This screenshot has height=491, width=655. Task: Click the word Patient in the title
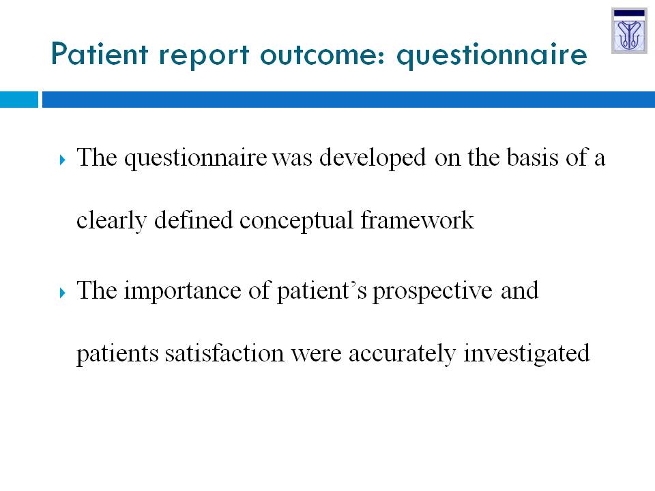(x=100, y=54)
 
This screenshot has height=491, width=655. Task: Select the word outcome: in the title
(x=323, y=55)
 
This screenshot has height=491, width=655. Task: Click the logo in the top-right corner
(x=629, y=31)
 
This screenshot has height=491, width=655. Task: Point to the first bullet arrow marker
(x=63, y=160)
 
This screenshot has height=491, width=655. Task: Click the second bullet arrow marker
(x=63, y=293)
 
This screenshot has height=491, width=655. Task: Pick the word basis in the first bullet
(x=533, y=158)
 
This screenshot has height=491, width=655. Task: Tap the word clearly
(x=111, y=221)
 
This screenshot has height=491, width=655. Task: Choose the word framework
(x=417, y=220)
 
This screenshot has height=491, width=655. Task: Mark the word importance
(x=183, y=291)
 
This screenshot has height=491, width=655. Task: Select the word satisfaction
(x=224, y=353)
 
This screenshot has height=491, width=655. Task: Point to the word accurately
(x=402, y=354)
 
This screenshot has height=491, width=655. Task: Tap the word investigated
(x=526, y=354)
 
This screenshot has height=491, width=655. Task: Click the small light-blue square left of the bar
(x=19, y=100)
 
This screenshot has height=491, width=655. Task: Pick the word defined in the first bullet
(x=193, y=220)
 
